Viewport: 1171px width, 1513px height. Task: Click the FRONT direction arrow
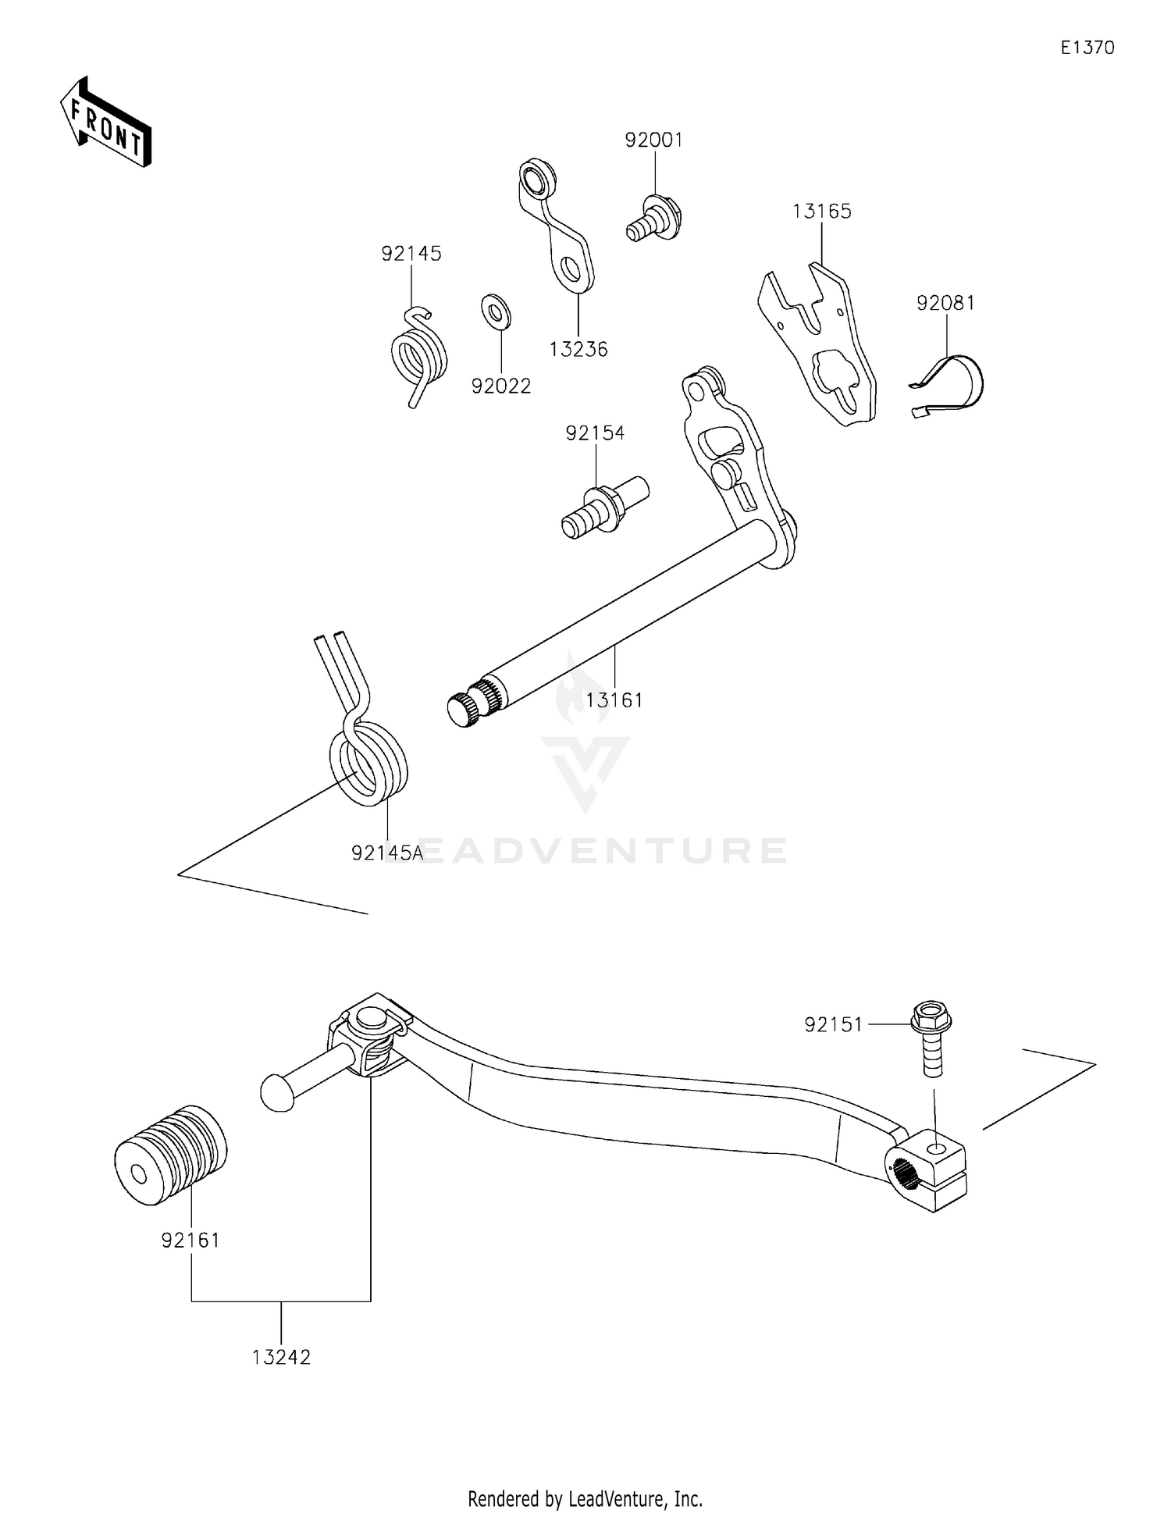click(x=105, y=123)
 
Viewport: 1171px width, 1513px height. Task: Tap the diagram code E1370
click(x=1087, y=48)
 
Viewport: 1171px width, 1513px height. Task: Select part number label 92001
click(x=653, y=140)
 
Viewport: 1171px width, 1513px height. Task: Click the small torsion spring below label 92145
click(x=419, y=356)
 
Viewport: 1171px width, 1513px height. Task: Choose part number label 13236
click(x=578, y=349)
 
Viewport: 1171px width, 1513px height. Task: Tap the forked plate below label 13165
click(x=820, y=344)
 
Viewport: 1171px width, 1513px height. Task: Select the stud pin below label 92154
click(x=603, y=508)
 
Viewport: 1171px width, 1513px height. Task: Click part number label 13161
click(x=614, y=700)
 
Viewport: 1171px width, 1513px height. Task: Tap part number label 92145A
click(x=387, y=853)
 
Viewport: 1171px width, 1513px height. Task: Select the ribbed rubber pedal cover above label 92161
click(x=170, y=1155)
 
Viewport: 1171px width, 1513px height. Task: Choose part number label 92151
click(x=834, y=1024)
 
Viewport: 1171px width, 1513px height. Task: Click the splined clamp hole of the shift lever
click(x=905, y=1173)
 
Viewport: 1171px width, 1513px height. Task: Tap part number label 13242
click(x=281, y=1357)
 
